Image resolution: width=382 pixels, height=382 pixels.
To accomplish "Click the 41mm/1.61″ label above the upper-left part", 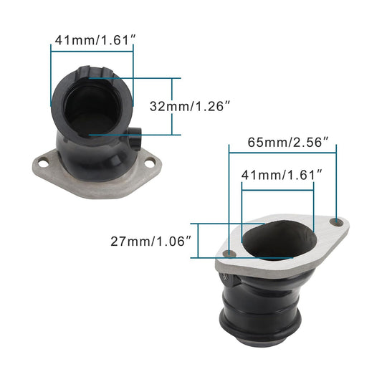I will point(92,41).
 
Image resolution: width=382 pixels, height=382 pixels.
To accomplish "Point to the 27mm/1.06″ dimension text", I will point(151,242).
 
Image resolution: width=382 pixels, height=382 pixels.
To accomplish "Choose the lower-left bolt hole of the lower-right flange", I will point(229,254).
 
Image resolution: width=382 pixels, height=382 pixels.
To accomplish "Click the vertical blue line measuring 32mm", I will point(172,106).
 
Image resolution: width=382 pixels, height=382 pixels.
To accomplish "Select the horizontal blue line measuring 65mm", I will point(282,152).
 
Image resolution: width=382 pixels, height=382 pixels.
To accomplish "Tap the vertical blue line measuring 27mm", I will point(199,242).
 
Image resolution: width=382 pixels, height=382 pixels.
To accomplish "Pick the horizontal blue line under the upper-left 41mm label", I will point(92,49).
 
